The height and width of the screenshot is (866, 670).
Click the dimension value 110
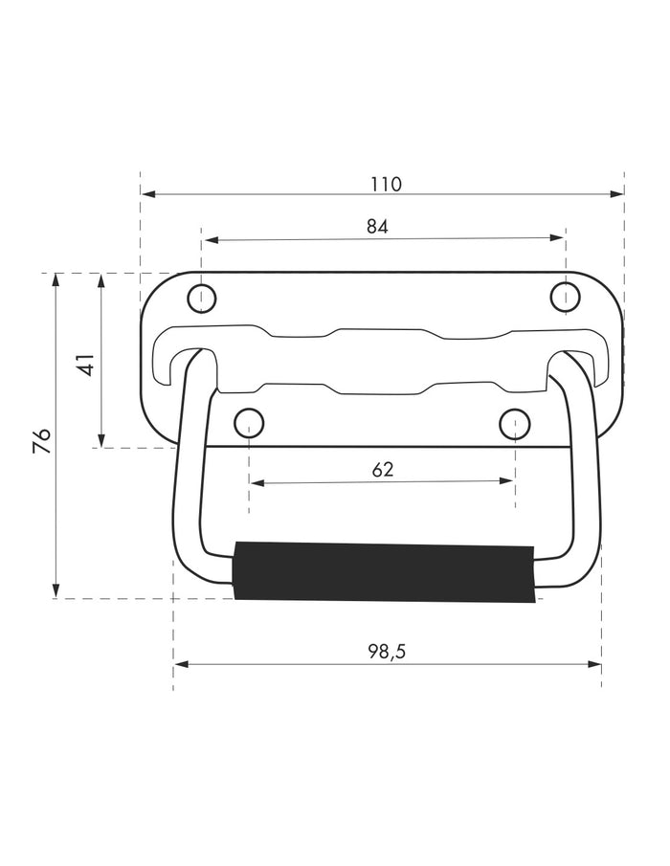coord(386,184)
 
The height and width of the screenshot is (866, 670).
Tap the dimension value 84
coord(377,227)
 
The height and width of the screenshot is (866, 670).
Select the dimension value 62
coord(383,470)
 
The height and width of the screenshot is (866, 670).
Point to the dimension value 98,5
coord(387,652)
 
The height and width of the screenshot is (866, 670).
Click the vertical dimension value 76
coord(42,440)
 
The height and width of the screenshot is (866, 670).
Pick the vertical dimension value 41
coord(86,365)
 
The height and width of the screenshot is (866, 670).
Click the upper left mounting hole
coord(202,299)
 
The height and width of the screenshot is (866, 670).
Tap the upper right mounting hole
coord(566,297)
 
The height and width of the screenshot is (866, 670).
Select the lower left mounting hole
coord(249,423)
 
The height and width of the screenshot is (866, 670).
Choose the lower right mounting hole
coord(514,424)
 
